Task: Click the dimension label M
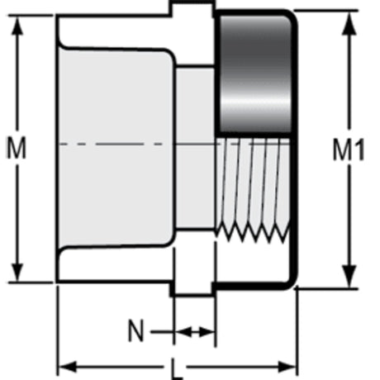tap(17, 148)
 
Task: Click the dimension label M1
tap(349, 150)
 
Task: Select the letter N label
tap(136, 330)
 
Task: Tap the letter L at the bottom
tap(177, 370)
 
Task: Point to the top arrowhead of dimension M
tap(17, 26)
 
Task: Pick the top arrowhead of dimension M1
tap(349, 23)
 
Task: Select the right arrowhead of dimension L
tap(287, 367)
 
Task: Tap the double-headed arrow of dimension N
tap(195, 332)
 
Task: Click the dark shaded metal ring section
tap(255, 74)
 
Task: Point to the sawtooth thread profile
tap(253, 234)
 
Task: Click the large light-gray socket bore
tap(117, 147)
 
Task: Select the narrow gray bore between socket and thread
tap(196, 148)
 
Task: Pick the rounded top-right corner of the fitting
tap(292, 16)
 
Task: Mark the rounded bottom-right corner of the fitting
tap(292, 283)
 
